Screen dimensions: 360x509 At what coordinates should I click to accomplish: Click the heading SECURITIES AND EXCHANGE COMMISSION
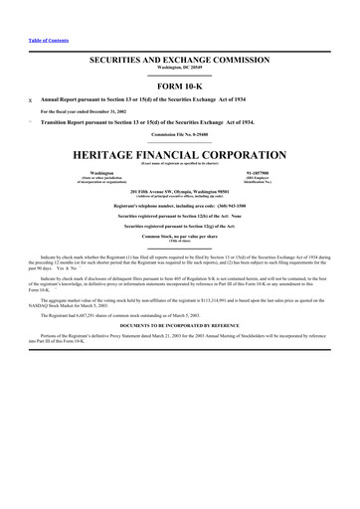point(179,62)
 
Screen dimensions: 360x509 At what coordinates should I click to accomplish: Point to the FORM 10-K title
point(179,87)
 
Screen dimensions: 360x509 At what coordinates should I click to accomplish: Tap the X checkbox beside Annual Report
point(30,101)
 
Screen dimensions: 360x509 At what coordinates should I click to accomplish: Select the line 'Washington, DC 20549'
point(179,70)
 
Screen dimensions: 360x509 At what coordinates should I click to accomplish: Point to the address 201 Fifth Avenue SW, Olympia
point(179,191)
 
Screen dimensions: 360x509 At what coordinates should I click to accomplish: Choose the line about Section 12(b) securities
point(179,216)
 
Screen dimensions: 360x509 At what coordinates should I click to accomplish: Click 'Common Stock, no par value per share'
point(179,237)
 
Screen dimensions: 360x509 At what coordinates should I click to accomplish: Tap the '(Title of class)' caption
point(179,242)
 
